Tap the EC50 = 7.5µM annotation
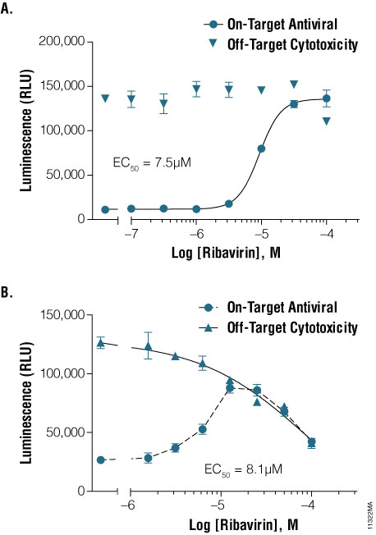tap(151, 163)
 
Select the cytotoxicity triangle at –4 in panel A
tap(327, 121)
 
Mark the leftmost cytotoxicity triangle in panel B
tap(101, 343)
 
